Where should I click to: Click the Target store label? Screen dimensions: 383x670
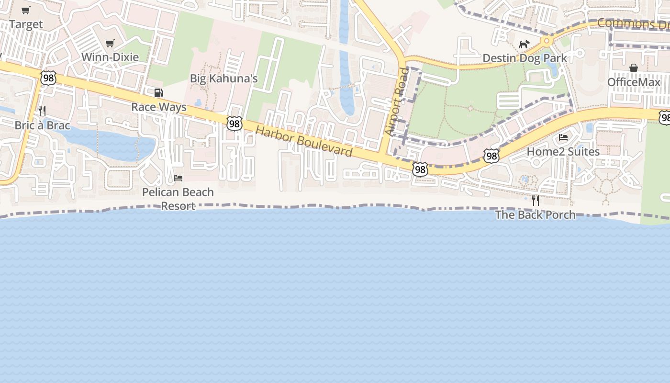26,24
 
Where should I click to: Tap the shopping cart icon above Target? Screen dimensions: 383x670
26,10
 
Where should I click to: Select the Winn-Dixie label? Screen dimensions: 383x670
110,57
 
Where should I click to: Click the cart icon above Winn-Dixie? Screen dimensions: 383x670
110,43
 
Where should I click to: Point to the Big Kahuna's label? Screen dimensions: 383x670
224,79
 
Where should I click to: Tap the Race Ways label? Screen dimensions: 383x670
159,107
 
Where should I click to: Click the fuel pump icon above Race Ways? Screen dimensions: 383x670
158,92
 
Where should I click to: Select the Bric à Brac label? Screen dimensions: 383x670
42,125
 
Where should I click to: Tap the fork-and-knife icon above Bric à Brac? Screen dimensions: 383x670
42,111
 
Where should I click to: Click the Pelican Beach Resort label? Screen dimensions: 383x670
178,199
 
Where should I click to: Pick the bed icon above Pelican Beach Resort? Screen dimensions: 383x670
178,178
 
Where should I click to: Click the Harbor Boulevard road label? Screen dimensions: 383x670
304,141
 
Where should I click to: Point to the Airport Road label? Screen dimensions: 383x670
397,101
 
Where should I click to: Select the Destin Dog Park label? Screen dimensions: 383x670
525,58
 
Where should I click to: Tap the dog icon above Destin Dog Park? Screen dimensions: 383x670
525,44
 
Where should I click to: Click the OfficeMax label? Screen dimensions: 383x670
634,82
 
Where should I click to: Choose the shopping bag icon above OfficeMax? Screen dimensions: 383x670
634,68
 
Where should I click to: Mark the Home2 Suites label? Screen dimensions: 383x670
563,152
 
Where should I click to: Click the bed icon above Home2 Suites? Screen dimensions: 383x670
563,137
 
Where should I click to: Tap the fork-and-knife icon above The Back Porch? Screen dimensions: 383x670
536,201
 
